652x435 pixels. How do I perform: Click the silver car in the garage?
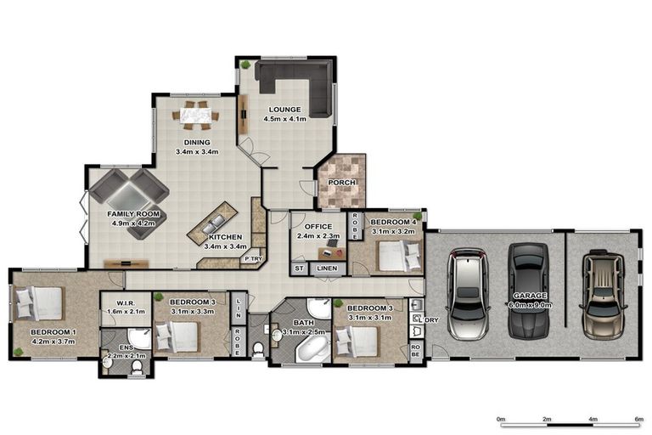click(x=467, y=294)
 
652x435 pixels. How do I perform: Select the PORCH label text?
click(x=342, y=183)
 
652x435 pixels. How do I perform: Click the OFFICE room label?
click(x=318, y=227)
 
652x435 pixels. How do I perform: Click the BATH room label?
click(x=304, y=324)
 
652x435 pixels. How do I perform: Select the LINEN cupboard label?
click(x=327, y=268)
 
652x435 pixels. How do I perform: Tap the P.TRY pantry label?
click(x=251, y=258)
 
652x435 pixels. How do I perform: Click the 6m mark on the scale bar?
click(x=639, y=419)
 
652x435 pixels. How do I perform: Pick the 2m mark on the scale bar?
click(x=547, y=419)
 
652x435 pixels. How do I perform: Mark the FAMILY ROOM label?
click(x=133, y=215)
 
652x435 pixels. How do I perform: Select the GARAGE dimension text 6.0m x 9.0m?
click(x=528, y=304)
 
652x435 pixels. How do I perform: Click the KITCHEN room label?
click(x=225, y=237)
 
